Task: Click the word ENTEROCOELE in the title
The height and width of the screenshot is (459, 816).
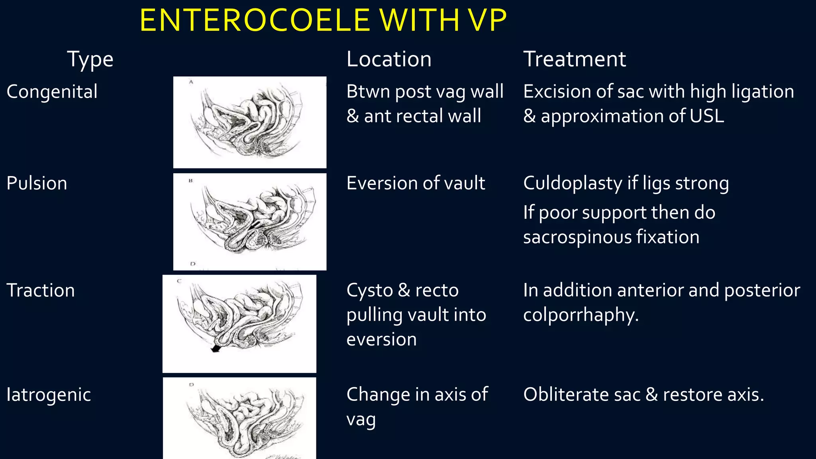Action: (255, 21)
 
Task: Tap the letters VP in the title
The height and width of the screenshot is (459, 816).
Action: (486, 21)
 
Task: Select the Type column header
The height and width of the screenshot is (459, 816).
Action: (90, 60)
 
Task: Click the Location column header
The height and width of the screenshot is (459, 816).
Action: (389, 59)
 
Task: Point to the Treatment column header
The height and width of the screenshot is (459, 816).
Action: (574, 59)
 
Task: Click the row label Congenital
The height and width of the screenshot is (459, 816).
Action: (52, 92)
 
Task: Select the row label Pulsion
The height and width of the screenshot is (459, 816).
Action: (37, 183)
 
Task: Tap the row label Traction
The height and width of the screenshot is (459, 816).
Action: (40, 290)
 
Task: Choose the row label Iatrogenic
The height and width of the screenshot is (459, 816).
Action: (48, 395)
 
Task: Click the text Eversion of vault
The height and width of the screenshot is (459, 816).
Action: (416, 183)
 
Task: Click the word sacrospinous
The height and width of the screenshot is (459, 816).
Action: (577, 237)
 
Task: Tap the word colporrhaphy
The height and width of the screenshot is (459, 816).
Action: (580, 315)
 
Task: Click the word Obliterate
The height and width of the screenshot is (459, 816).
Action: (566, 395)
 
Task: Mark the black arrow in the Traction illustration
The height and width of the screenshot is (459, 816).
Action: (216, 348)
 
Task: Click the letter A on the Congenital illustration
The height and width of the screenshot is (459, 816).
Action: (191, 82)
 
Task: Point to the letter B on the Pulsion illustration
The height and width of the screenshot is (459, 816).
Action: (190, 180)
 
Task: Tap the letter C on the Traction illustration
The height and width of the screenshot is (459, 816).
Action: (179, 281)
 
